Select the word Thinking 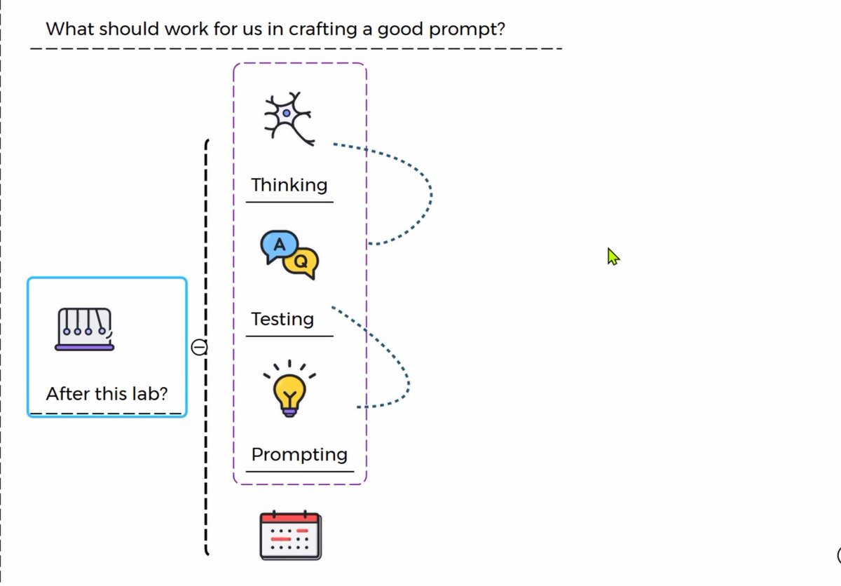[289, 185]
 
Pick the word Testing [282, 319]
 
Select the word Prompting [299, 454]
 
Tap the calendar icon [290, 536]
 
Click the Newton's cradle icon [85, 329]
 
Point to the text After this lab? [107, 393]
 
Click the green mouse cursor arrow [613, 257]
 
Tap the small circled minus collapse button [200, 347]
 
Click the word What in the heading [68, 29]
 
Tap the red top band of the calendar [290, 519]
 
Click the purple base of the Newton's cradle [85, 346]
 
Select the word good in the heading [395, 29]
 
